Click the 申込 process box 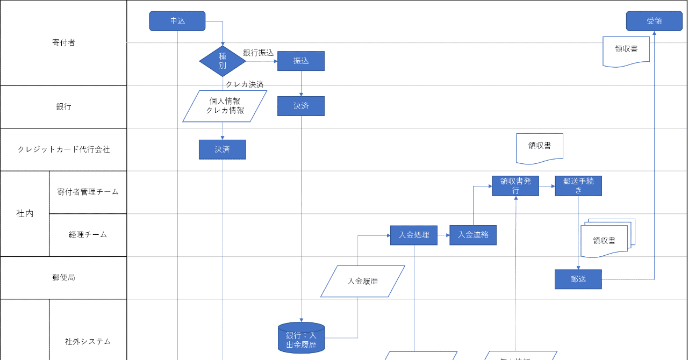point(177,21)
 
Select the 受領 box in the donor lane point(654,21)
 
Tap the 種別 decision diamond point(223,61)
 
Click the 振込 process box point(301,61)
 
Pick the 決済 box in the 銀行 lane point(301,106)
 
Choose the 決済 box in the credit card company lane point(222,149)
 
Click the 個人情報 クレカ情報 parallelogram point(225,106)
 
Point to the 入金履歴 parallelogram point(362,280)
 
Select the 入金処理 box point(414,235)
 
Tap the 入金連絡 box point(473,235)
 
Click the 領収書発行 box point(515,186)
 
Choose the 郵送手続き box point(578,186)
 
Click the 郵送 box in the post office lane point(578,279)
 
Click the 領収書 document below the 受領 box point(626,50)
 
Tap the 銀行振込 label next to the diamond point(258,53)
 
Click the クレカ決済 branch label point(245,84)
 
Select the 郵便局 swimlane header point(63,278)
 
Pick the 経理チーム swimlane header point(88,235)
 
